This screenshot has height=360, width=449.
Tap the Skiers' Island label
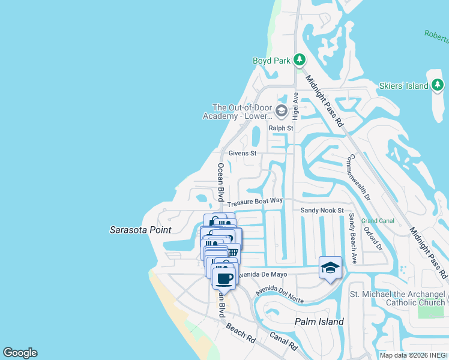403,86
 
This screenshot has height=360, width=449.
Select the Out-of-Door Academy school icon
281,110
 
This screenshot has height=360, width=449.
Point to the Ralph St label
280,128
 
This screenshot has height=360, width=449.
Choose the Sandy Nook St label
322,211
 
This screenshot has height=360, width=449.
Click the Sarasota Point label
140,230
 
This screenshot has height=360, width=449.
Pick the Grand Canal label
378,221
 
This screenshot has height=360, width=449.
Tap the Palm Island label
319,322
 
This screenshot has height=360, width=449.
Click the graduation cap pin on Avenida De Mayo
330,268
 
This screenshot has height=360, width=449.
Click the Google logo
20,353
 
